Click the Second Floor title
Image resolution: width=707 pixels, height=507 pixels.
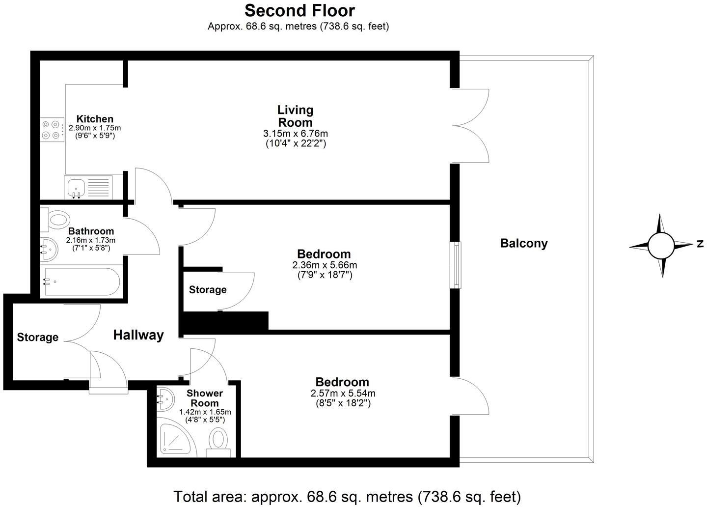pos(299,10)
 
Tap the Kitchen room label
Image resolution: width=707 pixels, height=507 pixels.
pos(95,119)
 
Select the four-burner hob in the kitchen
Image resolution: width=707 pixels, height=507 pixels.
pos(52,130)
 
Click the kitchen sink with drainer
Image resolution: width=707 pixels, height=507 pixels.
pos(88,187)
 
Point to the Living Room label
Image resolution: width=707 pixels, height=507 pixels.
pos(295,116)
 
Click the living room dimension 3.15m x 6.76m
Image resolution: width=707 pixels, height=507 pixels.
pos(295,134)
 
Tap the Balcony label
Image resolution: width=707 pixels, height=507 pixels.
pos(523,243)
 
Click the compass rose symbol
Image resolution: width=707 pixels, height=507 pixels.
pos(661,245)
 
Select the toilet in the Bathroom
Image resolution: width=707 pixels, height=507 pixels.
pos(55,219)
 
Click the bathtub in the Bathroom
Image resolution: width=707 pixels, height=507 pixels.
pos(81,282)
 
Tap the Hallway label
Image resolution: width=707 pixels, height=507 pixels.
pos(138,335)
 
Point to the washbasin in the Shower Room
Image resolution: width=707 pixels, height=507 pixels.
pos(165,397)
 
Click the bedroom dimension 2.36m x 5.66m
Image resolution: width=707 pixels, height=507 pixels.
pos(325,265)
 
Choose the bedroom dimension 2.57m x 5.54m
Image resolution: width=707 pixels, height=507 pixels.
pos(343,394)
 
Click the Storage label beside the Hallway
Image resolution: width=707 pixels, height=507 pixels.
pos(38,338)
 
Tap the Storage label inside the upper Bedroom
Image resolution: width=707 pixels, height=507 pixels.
pos(208,290)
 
